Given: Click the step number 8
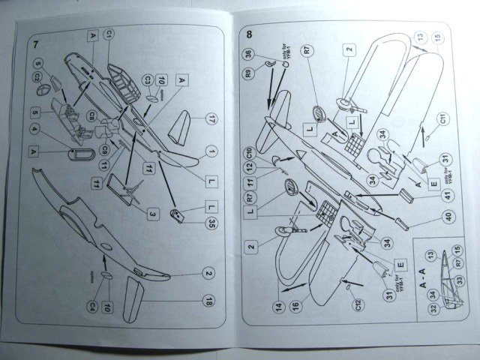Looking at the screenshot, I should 249,34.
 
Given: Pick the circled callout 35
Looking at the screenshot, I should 212,223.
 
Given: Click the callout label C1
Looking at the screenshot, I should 109,35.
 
